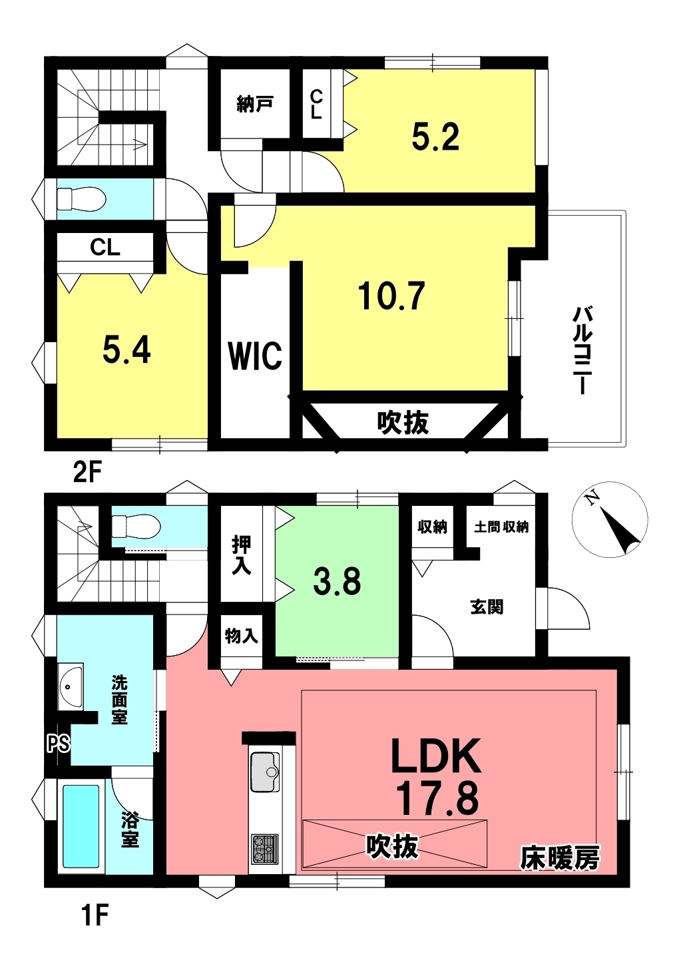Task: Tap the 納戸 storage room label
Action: [x=255, y=104]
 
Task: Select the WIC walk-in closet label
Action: [x=255, y=356]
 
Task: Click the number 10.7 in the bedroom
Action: [x=392, y=296]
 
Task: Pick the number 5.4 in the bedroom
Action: [x=126, y=350]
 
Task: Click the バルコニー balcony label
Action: [x=582, y=350]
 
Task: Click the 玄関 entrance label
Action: [x=487, y=607]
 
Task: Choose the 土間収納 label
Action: [x=501, y=527]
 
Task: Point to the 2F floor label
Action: [x=87, y=473]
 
